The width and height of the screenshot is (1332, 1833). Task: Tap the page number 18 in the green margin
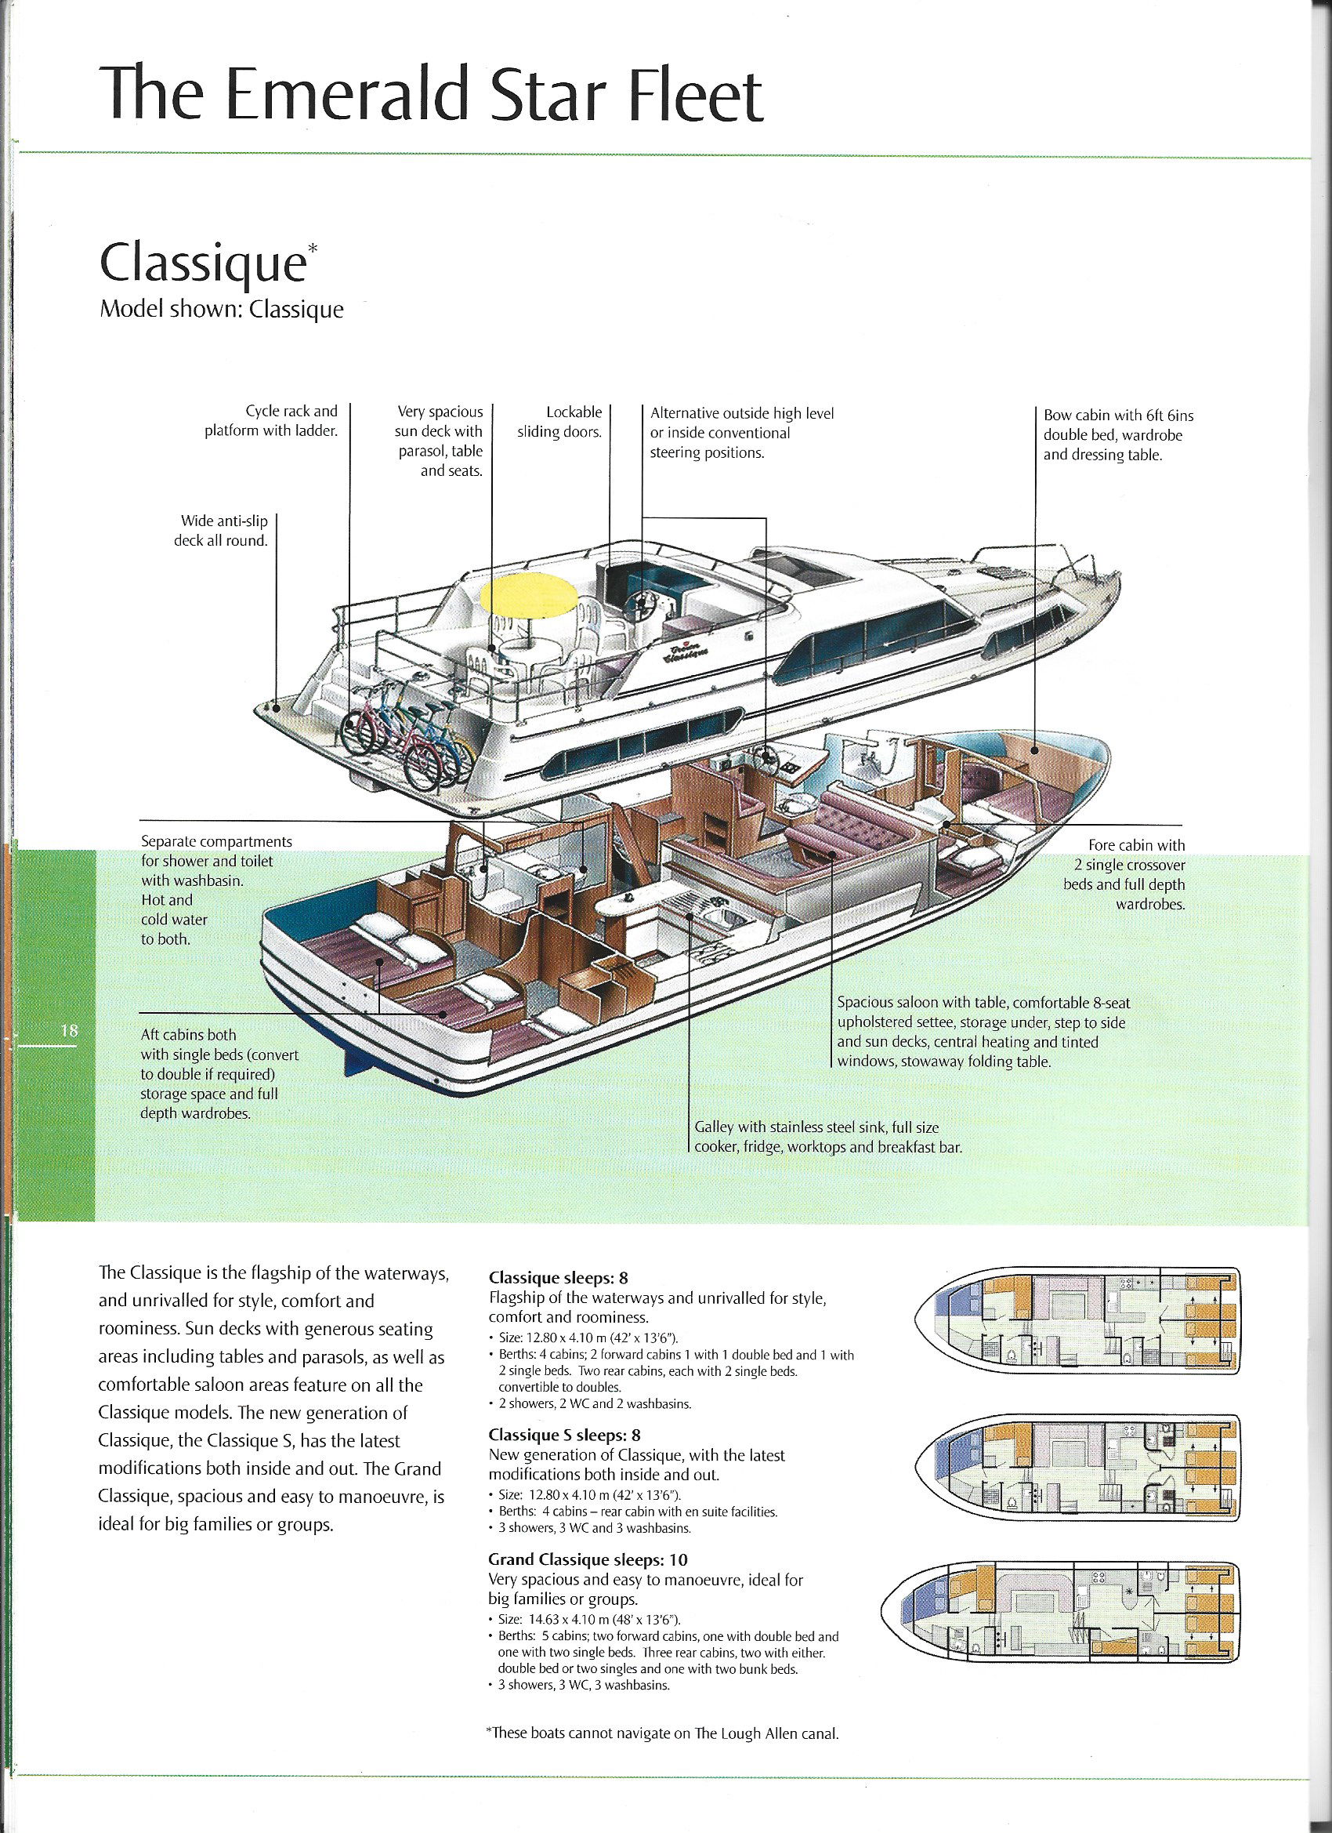[68, 1030]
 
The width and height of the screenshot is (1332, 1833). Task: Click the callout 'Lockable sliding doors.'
[560, 422]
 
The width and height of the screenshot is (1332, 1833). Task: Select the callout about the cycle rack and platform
[271, 421]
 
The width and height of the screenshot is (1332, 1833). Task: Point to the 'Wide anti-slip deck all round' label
[219, 531]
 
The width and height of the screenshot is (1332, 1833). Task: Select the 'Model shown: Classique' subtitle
[220, 310]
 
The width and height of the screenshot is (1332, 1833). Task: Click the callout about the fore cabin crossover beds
[1125, 873]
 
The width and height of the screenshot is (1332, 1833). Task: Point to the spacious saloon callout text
[983, 1032]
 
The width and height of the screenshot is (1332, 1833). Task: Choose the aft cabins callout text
[209, 1073]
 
